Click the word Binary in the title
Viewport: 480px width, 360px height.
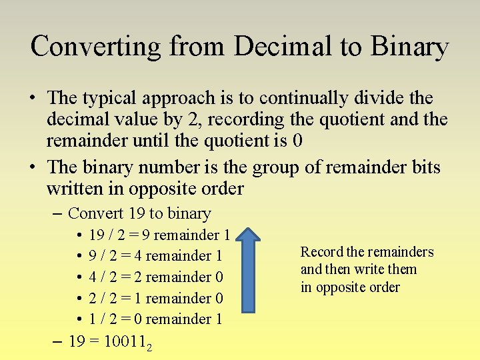(x=409, y=47)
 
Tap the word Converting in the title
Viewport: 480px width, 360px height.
(x=97, y=47)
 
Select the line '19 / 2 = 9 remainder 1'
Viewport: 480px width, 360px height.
(x=159, y=235)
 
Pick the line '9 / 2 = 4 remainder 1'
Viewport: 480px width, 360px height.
(x=155, y=256)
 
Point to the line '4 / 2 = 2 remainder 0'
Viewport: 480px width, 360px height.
(x=155, y=277)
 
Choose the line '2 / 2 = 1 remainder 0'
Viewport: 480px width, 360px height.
(x=155, y=298)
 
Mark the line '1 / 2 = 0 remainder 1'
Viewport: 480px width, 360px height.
(x=155, y=319)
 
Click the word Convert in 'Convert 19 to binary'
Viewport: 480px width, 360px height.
(x=96, y=213)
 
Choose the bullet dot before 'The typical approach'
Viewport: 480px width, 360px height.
(x=32, y=99)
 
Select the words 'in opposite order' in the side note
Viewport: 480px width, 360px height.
(x=350, y=287)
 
